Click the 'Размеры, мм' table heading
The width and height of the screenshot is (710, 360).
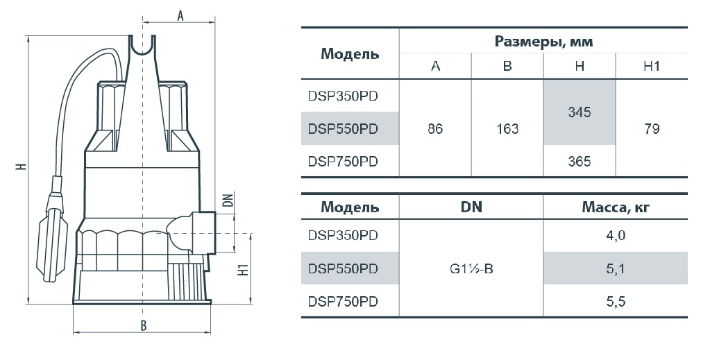pyautogui.click(x=543, y=42)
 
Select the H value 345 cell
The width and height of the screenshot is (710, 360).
pyautogui.click(x=579, y=112)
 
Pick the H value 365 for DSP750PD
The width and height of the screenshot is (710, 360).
pyautogui.click(x=579, y=162)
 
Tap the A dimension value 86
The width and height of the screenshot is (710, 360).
pyautogui.click(x=435, y=129)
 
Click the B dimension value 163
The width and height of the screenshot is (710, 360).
pyautogui.click(x=507, y=129)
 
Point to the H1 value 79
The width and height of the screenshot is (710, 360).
pyautogui.click(x=652, y=129)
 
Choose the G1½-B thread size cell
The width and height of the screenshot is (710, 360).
pyautogui.click(x=471, y=269)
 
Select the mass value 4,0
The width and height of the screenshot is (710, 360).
pyautogui.click(x=616, y=235)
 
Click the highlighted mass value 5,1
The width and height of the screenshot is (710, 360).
pyautogui.click(x=616, y=269)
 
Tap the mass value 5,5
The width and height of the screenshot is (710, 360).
pyautogui.click(x=616, y=302)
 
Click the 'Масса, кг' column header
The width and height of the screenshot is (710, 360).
pyautogui.click(x=616, y=207)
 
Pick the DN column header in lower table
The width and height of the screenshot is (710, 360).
pyautogui.click(x=471, y=207)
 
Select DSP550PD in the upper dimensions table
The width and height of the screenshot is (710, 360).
pyautogui.click(x=343, y=129)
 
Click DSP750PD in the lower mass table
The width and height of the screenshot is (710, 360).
pyautogui.click(x=343, y=302)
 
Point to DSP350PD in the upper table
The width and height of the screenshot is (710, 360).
pyautogui.click(x=343, y=96)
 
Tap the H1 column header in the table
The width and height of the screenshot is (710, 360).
pyautogui.click(x=652, y=67)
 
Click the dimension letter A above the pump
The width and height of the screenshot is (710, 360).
pyautogui.click(x=180, y=16)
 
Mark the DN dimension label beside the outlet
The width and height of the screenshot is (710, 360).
pyautogui.click(x=230, y=200)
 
